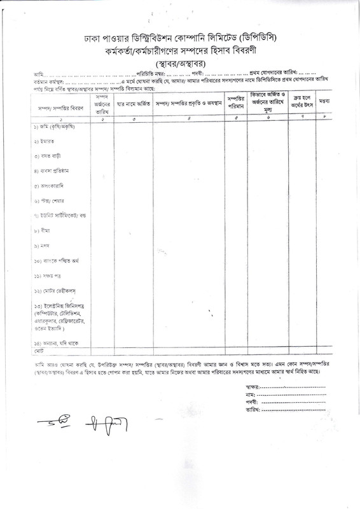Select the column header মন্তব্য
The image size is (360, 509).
coord(324,102)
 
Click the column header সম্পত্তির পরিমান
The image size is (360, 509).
coord(236,103)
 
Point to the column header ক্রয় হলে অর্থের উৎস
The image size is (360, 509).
coord(303,103)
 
